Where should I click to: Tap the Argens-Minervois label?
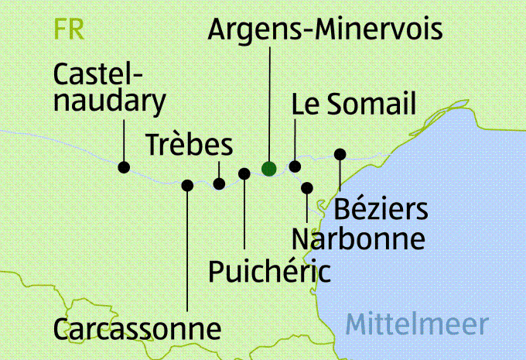click(x=326, y=30)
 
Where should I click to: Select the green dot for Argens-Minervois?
click(x=268, y=168)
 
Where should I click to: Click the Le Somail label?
click(x=354, y=105)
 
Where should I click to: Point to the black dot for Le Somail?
click(x=295, y=166)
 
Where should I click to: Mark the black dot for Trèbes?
click(x=219, y=183)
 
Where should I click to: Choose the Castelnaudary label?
click(x=110, y=87)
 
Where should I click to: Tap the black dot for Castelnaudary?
click(x=124, y=166)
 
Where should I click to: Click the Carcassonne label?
click(x=138, y=328)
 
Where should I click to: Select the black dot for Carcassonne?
click(x=187, y=184)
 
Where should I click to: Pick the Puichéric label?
click(x=270, y=271)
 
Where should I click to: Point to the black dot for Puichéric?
click(x=244, y=173)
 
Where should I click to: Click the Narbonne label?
click(x=359, y=238)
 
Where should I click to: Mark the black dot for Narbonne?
click(x=307, y=187)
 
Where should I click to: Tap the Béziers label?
click(x=381, y=209)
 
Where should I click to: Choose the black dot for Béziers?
click(x=339, y=154)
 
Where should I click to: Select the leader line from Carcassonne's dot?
click(x=187, y=248)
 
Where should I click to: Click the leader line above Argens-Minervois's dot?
click(x=268, y=101)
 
